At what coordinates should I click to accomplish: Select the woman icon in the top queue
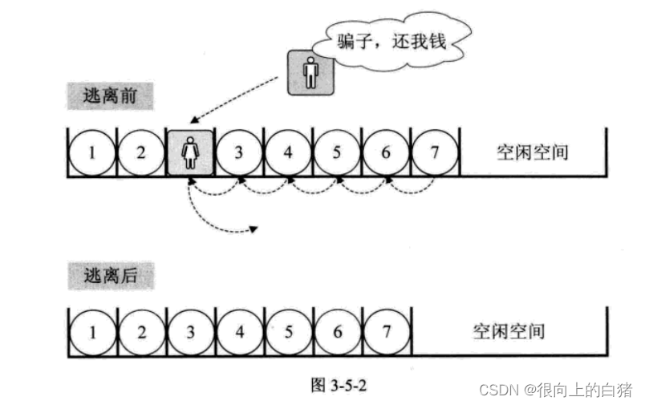191,152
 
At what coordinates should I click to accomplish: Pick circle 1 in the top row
92,152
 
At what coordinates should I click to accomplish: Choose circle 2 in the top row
141,152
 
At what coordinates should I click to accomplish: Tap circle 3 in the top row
239,152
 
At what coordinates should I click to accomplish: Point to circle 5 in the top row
337,152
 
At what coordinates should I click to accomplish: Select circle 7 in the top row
434,152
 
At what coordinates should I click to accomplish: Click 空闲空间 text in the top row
533,152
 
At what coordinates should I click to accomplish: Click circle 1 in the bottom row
92,330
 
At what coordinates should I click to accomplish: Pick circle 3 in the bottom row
191,330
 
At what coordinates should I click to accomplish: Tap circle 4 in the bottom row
239,330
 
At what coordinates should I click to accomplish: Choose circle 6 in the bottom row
337,330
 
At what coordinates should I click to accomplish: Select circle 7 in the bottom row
386,330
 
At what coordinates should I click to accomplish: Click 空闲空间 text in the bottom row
509,330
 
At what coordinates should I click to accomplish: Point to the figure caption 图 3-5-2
339,384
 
